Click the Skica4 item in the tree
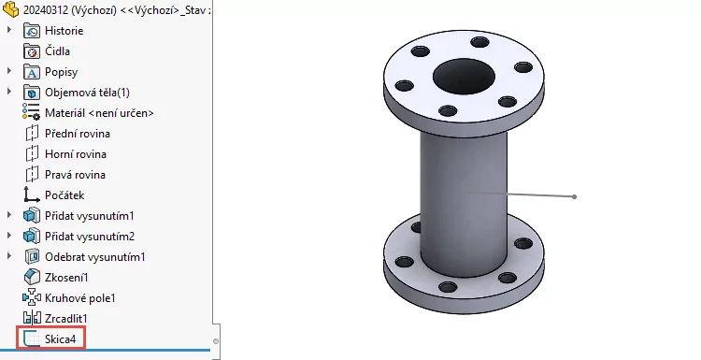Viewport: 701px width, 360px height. (61, 339)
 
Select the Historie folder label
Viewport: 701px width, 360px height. (64, 31)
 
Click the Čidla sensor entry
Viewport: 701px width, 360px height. (57, 51)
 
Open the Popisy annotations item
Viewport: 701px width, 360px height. (62, 72)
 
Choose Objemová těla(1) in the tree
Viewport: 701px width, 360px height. (87, 93)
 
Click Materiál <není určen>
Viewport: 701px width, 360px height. (99, 113)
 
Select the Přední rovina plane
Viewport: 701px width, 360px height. (78, 134)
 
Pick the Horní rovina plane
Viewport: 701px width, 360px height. (76, 154)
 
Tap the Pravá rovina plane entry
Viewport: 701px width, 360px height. (75, 175)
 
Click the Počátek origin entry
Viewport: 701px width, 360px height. (64, 195)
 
